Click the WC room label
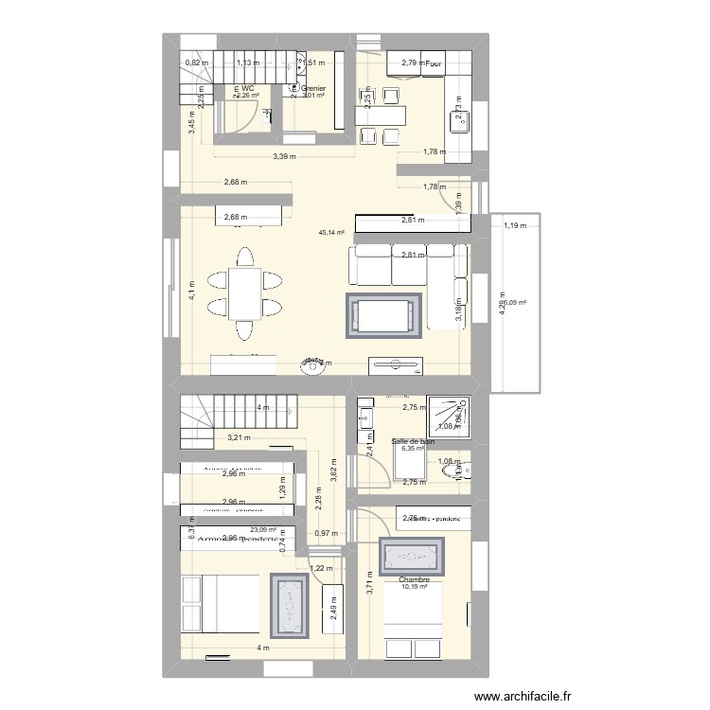click(249, 88)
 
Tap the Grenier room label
click(313, 88)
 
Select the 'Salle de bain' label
click(414, 440)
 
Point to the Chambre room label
click(415, 580)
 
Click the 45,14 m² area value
click(331, 232)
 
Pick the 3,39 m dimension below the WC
click(284, 157)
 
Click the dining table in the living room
click(244, 293)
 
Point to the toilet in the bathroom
click(467, 470)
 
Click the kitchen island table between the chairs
click(380, 115)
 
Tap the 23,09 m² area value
click(262, 530)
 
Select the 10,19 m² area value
click(415, 588)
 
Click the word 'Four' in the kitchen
click(435, 63)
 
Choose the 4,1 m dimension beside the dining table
click(191, 290)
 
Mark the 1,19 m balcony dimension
click(515, 226)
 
